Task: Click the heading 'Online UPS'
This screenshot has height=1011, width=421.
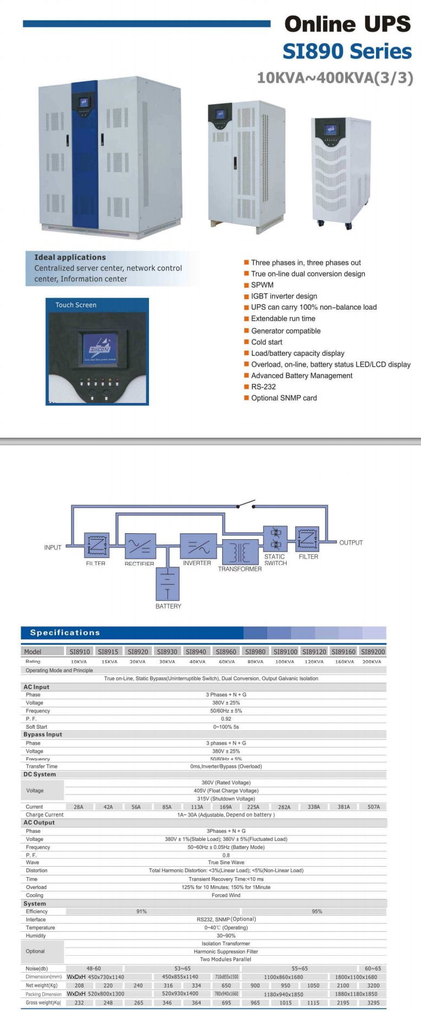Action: click(x=347, y=24)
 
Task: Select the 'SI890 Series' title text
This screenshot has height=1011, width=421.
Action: click(x=347, y=52)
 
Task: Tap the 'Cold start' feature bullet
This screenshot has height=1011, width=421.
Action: click(x=266, y=342)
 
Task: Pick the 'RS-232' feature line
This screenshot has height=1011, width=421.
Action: click(x=263, y=387)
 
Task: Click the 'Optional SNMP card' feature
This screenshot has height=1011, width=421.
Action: click(x=283, y=398)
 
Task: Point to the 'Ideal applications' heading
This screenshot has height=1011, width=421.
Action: click(x=70, y=258)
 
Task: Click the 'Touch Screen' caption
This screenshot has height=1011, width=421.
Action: click(x=76, y=305)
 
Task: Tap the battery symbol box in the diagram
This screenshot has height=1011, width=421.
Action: click(x=167, y=583)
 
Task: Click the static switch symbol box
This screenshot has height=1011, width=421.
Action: click(x=275, y=539)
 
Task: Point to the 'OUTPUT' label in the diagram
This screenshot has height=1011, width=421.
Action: click(x=351, y=542)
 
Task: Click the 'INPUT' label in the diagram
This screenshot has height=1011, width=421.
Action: click(x=53, y=547)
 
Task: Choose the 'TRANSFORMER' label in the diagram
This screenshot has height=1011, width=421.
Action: click(x=239, y=569)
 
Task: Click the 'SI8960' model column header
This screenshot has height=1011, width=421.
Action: click(x=226, y=651)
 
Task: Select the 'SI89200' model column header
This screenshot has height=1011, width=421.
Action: click(x=373, y=651)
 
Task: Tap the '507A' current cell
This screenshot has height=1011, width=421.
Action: click(x=374, y=807)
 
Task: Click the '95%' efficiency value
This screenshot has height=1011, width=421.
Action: click(x=317, y=912)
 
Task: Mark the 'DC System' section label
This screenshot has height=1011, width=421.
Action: click(x=40, y=775)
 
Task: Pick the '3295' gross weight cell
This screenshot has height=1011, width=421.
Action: click(x=373, y=1003)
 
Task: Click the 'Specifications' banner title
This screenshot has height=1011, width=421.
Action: click(x=65, y=632)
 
